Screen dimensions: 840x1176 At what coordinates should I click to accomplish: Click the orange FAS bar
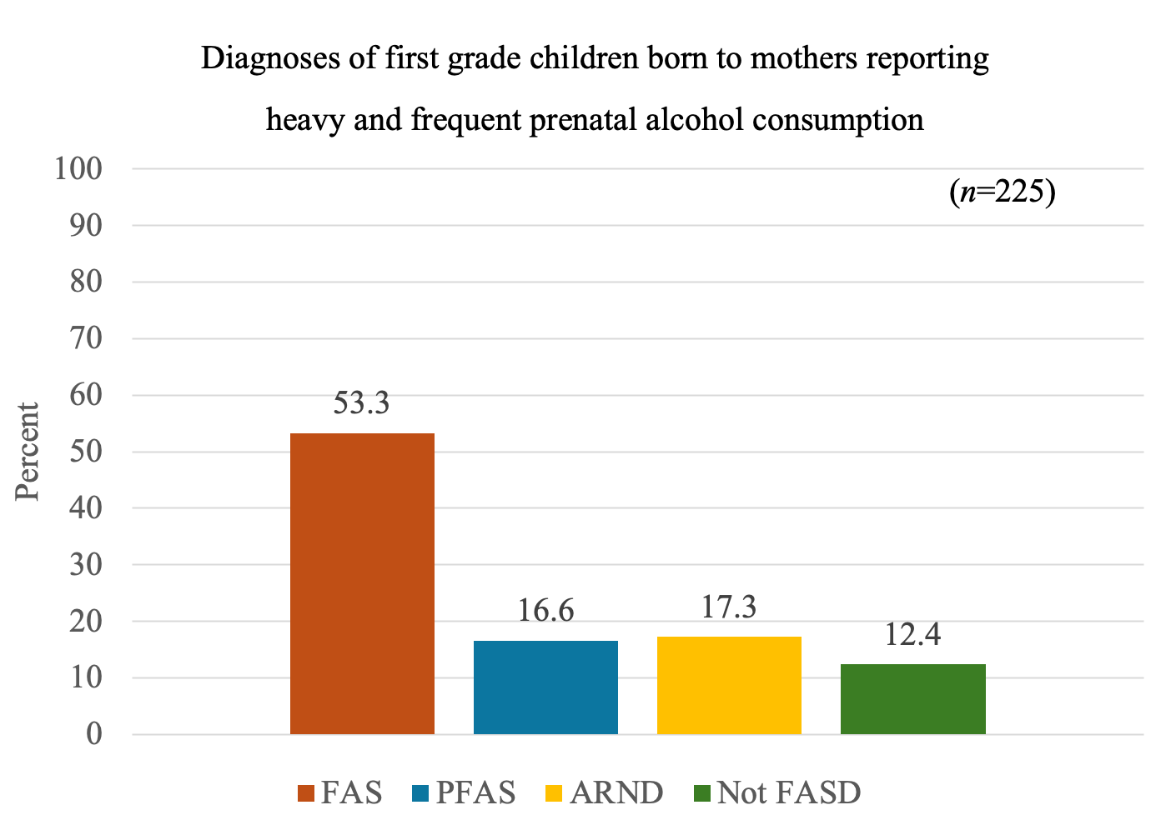pos(362,583)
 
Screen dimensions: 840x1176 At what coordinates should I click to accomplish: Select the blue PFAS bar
pos(545,687)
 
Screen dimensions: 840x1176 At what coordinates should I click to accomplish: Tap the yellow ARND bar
pos(729,685)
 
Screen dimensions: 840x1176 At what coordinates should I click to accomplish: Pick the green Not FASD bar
pos(912,699)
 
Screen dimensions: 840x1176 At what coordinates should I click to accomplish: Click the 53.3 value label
pos(362,403)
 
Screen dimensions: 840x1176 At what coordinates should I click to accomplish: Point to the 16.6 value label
pos(545,611)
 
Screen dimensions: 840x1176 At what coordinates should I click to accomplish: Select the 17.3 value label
pos(729,607)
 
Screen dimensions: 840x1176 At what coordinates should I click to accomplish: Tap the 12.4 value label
pos(912,635)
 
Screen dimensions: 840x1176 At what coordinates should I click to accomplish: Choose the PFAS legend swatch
pos(421,792)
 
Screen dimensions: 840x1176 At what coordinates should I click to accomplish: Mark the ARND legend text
pos(616,792)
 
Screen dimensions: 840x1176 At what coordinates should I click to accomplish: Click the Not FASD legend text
pos(788,792)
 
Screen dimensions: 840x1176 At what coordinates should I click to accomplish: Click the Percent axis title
pos(28,452)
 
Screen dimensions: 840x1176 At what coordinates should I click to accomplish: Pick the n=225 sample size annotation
pos(1003,192)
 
